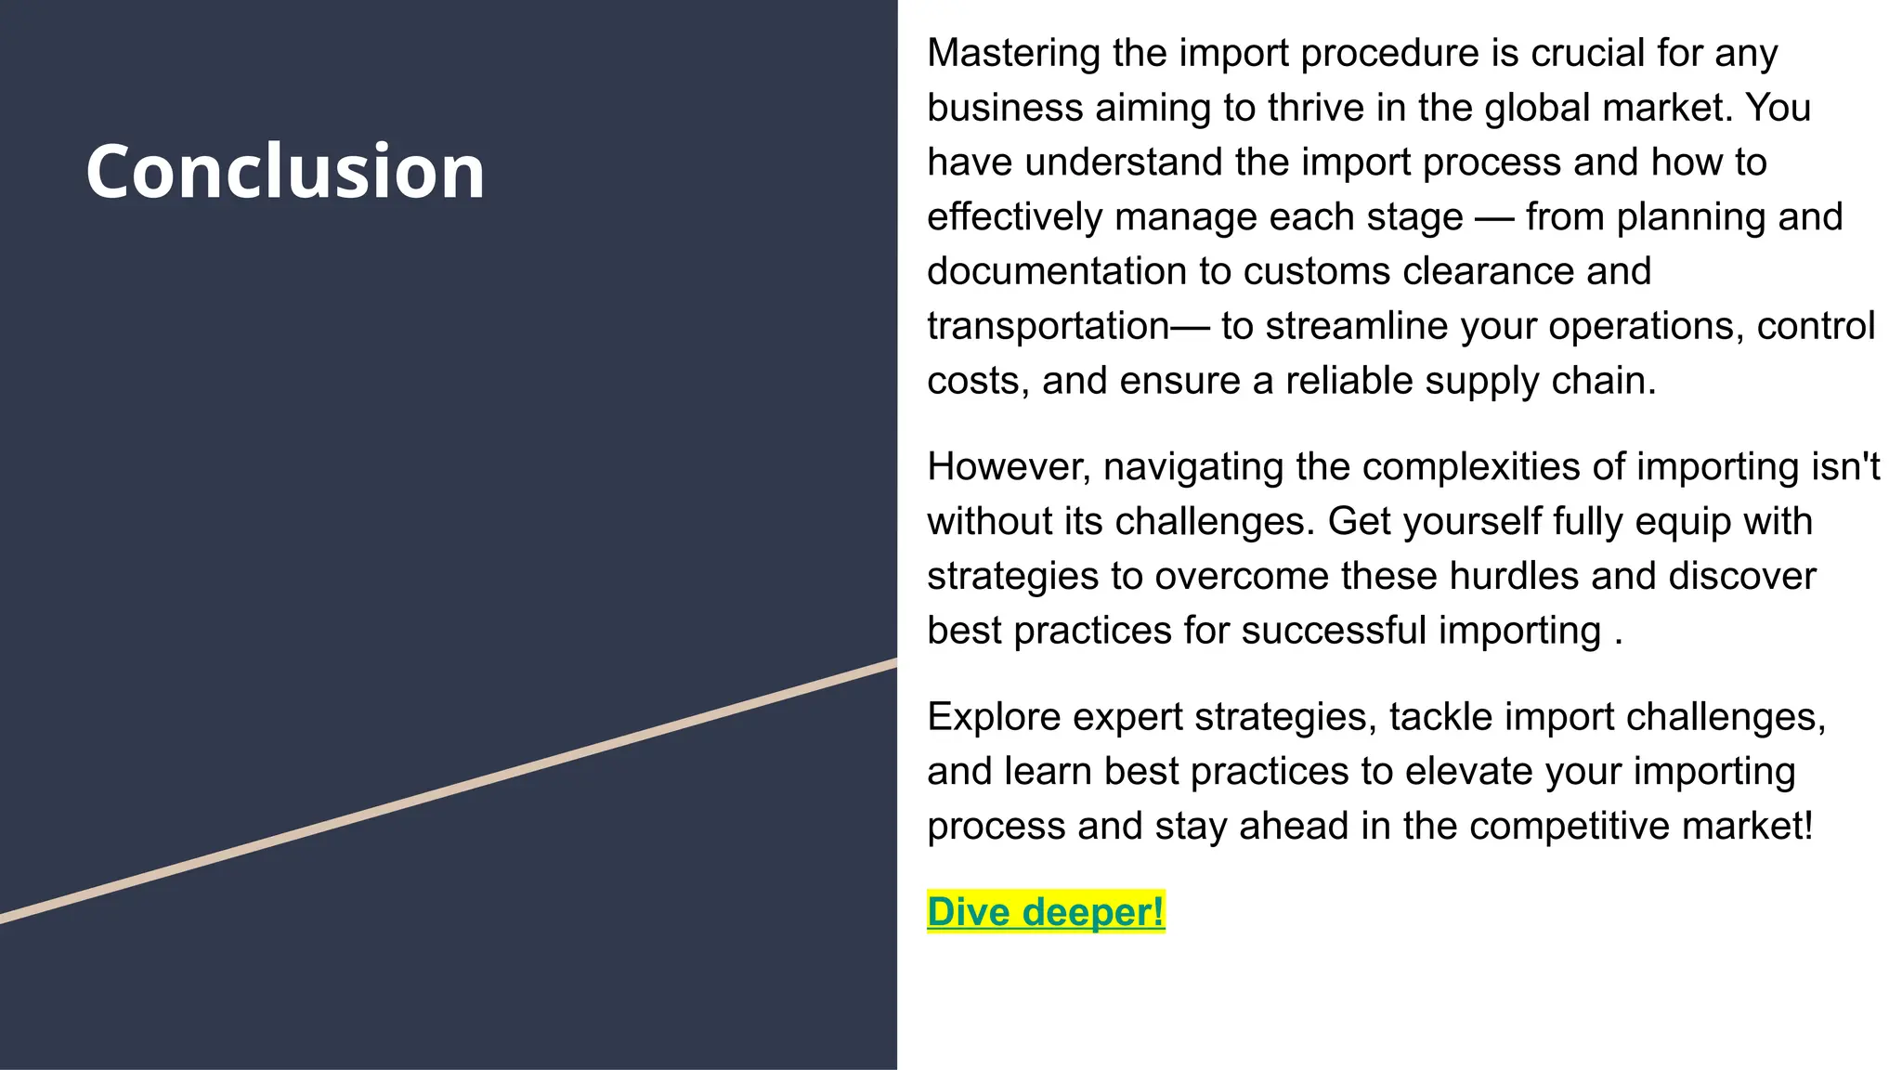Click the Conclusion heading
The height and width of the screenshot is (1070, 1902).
point(285,171)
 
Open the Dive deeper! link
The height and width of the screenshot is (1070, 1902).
point(1045,912)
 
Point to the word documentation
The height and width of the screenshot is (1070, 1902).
point(1056,271)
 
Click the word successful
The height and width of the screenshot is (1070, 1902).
point(1333,631)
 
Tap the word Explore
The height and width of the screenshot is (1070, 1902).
point(994,717)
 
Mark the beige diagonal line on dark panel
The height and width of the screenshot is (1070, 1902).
point(446,791)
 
